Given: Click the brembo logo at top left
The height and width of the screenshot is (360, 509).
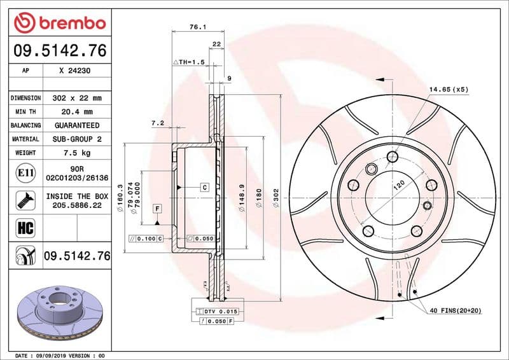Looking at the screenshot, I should [x=59, y=24].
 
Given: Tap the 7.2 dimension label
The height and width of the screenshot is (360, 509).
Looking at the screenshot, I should [x=158, y=122].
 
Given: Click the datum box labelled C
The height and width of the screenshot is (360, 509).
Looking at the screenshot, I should [x=205, y=187].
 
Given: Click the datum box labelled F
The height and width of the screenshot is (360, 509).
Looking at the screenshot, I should [x=157, y=208].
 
